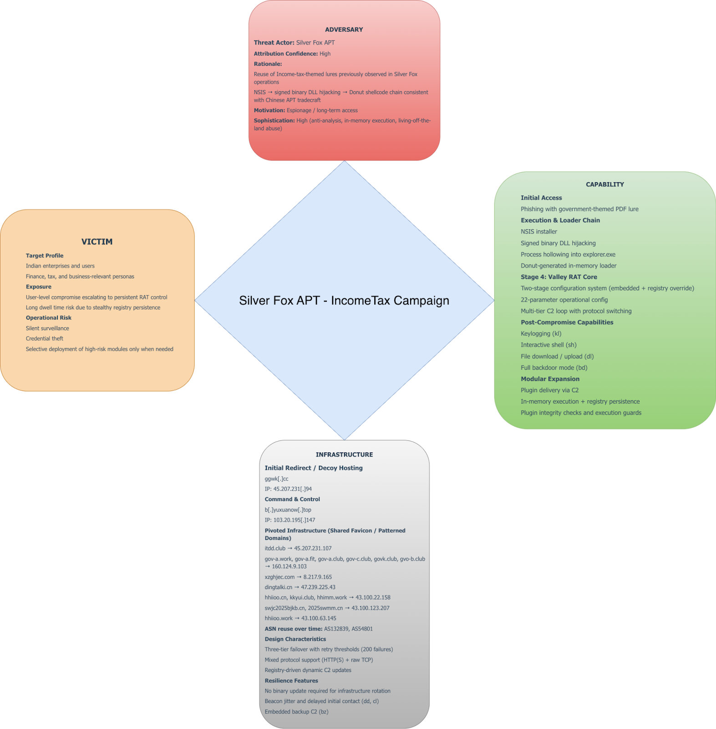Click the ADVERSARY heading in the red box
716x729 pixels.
point(344,30)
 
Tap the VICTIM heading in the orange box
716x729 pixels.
point(97,242)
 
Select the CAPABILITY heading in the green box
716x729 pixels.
point(604,185)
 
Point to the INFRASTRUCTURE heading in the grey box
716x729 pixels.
point(344,455)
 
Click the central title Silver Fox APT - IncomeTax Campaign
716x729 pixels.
point(344,301)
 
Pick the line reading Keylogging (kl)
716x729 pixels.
point(541,334)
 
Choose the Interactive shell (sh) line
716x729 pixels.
point(548,345)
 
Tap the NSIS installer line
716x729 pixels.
point(538,231)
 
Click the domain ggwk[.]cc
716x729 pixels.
point(276,479)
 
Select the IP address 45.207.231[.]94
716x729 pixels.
point(288,489)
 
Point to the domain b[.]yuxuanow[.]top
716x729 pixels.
point(288,510)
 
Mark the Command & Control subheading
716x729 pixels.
point(292,499)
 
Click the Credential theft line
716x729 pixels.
point(45,339)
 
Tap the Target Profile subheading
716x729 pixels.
point(45,256)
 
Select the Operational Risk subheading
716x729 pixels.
point(49,318)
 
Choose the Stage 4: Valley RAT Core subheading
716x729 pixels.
point(559,277)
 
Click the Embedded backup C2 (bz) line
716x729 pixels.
point(296,712)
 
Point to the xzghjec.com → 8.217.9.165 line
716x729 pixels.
point(298,577)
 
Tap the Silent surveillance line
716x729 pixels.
point(47,328)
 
